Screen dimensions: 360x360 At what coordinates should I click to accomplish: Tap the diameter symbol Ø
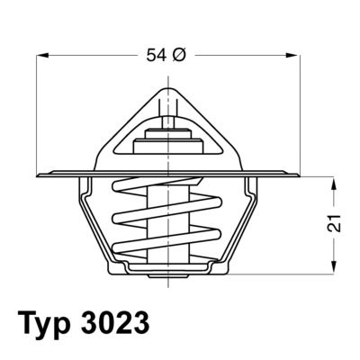click(x=178, y=56)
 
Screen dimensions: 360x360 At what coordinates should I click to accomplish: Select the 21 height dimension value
click(x=334, y=225)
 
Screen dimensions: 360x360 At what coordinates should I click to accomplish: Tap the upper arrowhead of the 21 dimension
click(x=334, y=182)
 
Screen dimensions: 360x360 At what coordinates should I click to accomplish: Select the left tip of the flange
click(x=39, y=175)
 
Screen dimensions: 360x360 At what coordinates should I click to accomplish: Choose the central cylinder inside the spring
click(x=167, y=220)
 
